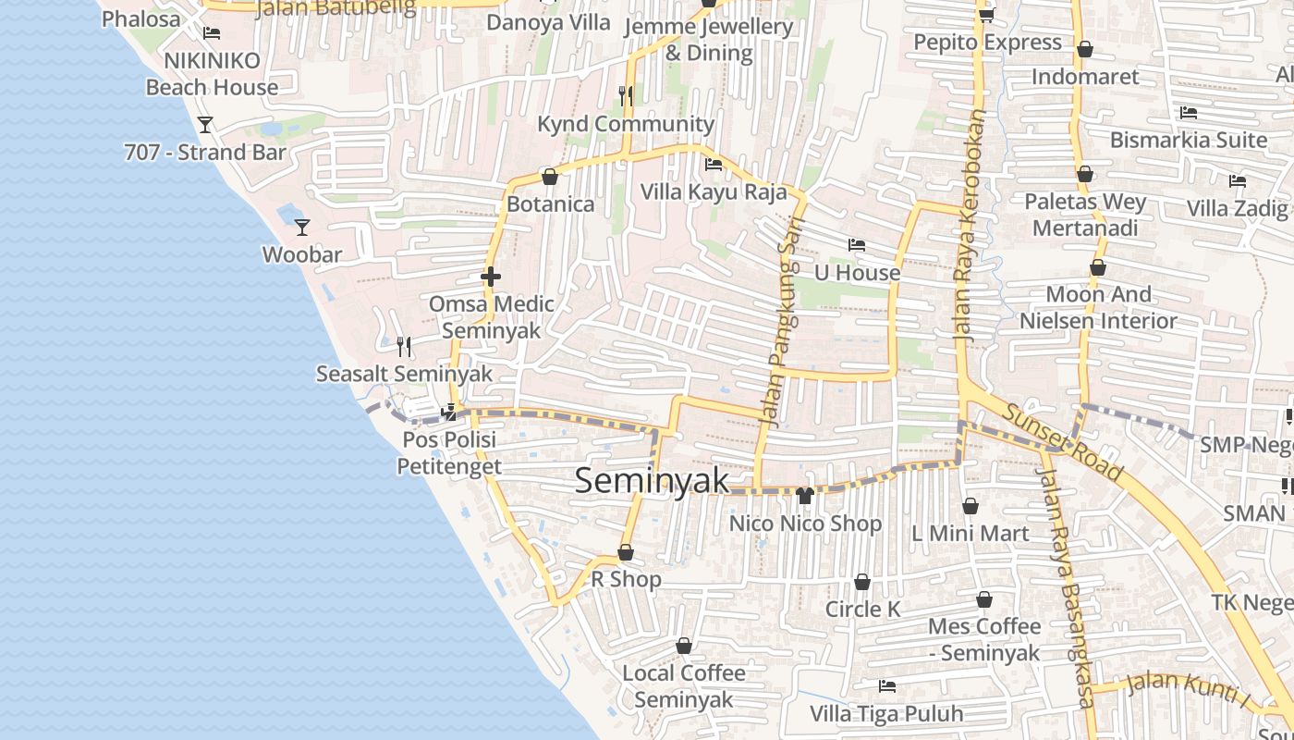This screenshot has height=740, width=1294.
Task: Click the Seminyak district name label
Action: click(x=652, y=481)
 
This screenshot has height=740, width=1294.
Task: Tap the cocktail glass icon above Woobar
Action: click(x=301, y=227)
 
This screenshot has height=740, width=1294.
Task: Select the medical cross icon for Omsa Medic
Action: click(x=491, y=276)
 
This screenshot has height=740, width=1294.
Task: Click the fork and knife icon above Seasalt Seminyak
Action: click(x=404, y=347)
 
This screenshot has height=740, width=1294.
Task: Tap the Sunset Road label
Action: click(x=1064, y=444)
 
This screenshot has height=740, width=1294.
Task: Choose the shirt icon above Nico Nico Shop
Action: click(x=804, y=495)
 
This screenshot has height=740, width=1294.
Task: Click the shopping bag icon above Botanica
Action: click(x=550, y=176)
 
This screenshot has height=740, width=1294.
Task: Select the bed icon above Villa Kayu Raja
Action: click(x=714, y=165)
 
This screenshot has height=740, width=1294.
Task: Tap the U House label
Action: click(x=857, y=273)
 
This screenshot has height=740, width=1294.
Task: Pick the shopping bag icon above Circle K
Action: click(x=861, y=582)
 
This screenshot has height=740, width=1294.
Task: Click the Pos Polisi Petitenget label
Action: click(x=449, y=452)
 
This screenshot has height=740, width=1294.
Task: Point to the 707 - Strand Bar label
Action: click(x=205, y=152)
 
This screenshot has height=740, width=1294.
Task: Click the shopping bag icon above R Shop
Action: click(x=626, y=552)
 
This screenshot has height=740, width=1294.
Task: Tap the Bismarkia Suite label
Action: click(x=1189, y=141)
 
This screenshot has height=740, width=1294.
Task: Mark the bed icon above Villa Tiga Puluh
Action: click(x=886, y=686)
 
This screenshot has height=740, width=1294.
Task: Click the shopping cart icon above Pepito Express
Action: click(x=986, y=15)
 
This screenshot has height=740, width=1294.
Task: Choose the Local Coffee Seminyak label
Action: click(x=684, y=685)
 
